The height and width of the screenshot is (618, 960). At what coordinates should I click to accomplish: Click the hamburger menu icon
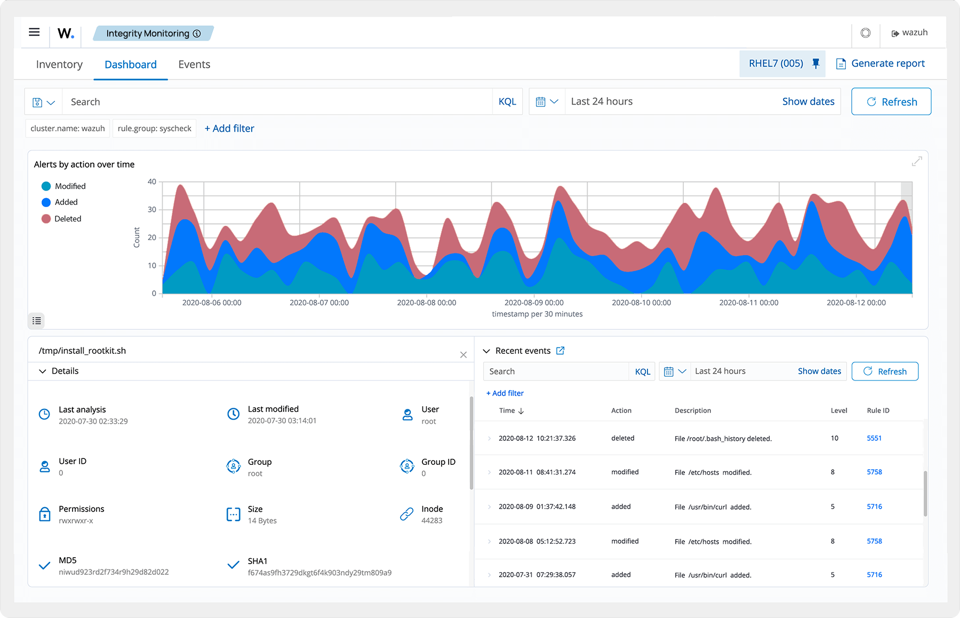click(x=34, y=32)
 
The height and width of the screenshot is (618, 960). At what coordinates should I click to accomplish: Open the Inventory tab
click(x=59, y=65)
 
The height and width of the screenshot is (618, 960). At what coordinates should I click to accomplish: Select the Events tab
click(x=194, y=65)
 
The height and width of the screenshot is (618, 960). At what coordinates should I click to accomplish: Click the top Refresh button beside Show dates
click(x=891, y=101)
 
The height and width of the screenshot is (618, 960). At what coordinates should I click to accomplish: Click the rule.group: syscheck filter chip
click(x=154, y=129)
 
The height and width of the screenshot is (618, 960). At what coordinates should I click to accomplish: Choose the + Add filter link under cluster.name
click(x=229, y=129)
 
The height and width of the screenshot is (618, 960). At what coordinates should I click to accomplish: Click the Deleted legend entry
click(x=67, y=219)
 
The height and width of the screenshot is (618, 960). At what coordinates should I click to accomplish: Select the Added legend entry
click(x=66, y=202)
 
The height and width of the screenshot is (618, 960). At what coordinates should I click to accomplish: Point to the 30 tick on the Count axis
click(x=152, y=210)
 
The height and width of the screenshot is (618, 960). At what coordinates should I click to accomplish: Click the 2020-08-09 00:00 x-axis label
click(x=534, y=303)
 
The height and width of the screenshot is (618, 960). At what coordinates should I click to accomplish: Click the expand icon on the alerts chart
click(x=917, y=161)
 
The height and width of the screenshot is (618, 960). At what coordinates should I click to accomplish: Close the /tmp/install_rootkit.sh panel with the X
click(x=463, y=355)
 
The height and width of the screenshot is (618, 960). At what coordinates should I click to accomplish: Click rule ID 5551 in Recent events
click(x=874, y=438)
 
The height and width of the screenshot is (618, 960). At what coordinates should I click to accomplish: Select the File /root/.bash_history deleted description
click(x=723, y=439)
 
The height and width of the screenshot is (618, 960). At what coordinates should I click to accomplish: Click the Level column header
click(x=839, y=410)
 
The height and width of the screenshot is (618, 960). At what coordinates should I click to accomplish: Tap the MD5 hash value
click(x=114, y=572)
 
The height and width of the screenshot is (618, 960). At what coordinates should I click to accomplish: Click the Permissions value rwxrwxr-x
click(x=76, y=521)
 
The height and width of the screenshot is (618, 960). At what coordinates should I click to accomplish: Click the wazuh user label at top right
click(x=914, y=33)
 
